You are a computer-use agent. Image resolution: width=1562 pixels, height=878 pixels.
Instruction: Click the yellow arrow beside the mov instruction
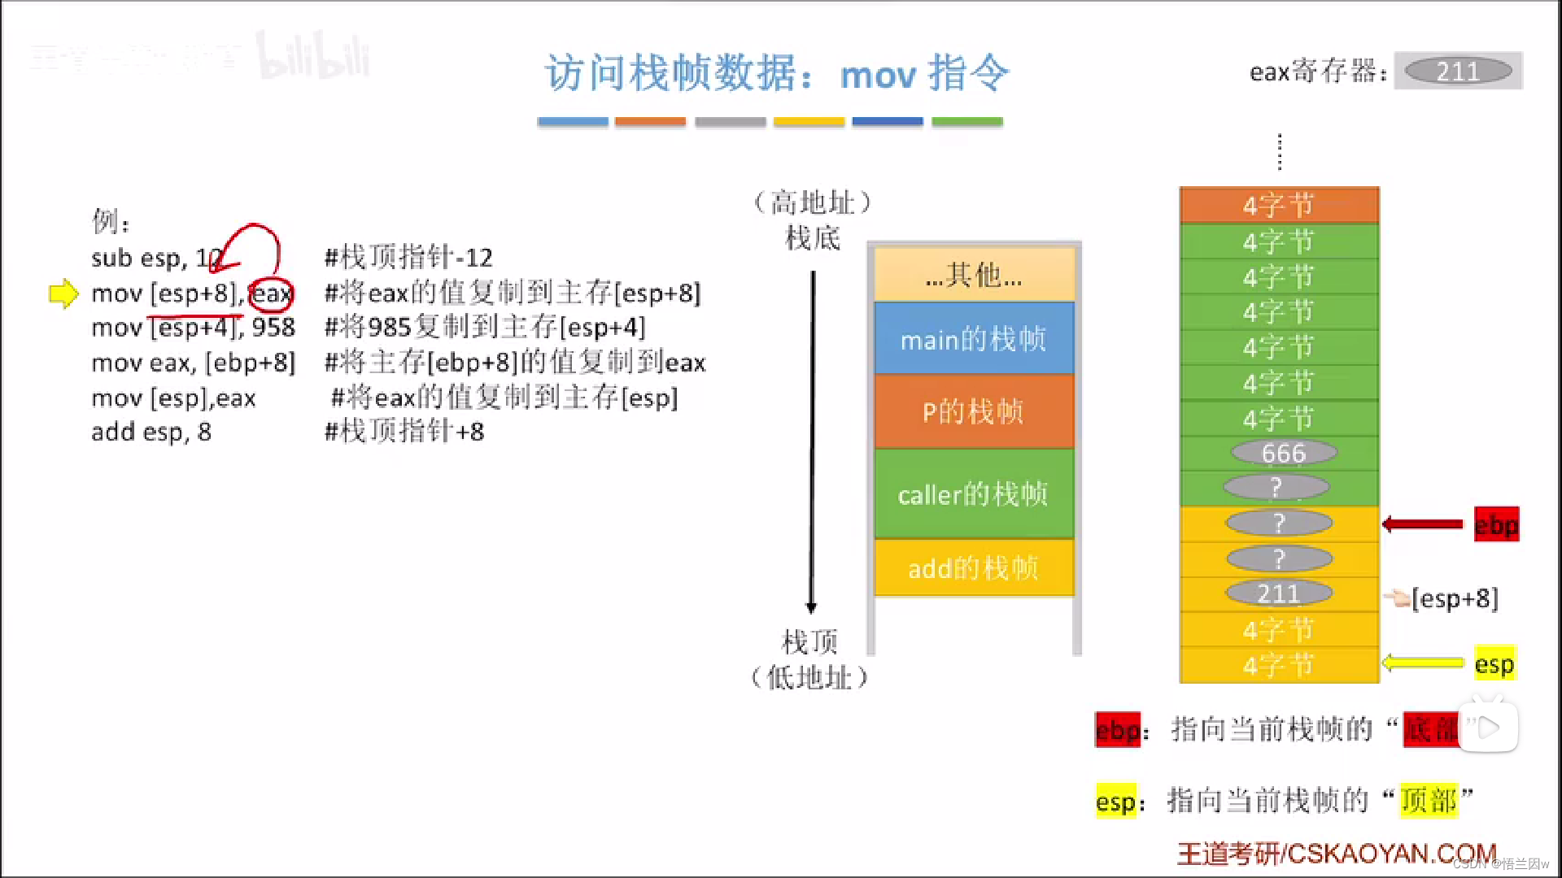(x=63, y=293)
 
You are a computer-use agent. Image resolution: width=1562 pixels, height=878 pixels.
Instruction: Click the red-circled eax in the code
(x=271, y=293)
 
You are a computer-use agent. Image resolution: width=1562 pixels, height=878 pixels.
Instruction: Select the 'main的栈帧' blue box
(x=974, y=339)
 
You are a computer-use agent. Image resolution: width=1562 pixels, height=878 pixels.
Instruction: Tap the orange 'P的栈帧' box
(x=974, y=411)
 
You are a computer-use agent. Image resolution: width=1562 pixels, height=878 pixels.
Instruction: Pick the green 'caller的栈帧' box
(x=974, y=493)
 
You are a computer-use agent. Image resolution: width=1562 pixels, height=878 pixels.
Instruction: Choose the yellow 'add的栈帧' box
(x=974, y=567)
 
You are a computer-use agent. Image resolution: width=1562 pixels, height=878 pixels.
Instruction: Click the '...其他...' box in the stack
(x=974, y=276)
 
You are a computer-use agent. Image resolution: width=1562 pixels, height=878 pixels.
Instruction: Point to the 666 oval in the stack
(x=1283, y=453)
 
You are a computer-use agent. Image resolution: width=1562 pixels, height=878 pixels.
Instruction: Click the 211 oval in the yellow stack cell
(x=1279, y=593)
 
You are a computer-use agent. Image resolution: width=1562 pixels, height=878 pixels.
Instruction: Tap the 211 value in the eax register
(x=1458, y=72)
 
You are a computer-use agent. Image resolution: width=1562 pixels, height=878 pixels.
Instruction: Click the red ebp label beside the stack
(x=1496, y=524)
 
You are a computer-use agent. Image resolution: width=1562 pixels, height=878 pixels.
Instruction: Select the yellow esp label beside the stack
(x=1494, y=664)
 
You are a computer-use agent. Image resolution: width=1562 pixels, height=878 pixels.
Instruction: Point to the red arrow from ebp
(x=1423, y=524)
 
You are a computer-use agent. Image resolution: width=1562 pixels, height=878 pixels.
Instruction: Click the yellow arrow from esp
(x=1423, y=663)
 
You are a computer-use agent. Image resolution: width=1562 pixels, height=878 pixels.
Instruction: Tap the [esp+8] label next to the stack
(x=1455, y=598)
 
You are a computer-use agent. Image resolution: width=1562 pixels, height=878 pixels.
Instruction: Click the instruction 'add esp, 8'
(x=151, y=432)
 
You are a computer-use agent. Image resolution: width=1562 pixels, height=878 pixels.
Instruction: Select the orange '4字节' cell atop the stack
(x=1279, y=205)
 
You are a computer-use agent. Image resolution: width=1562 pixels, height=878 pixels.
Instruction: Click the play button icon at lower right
(x=1488, y=727)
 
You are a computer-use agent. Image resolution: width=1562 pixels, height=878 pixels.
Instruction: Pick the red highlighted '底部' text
(x=1432, y=729)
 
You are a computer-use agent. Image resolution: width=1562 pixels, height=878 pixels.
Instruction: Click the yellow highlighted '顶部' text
(x=1429, y=801)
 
